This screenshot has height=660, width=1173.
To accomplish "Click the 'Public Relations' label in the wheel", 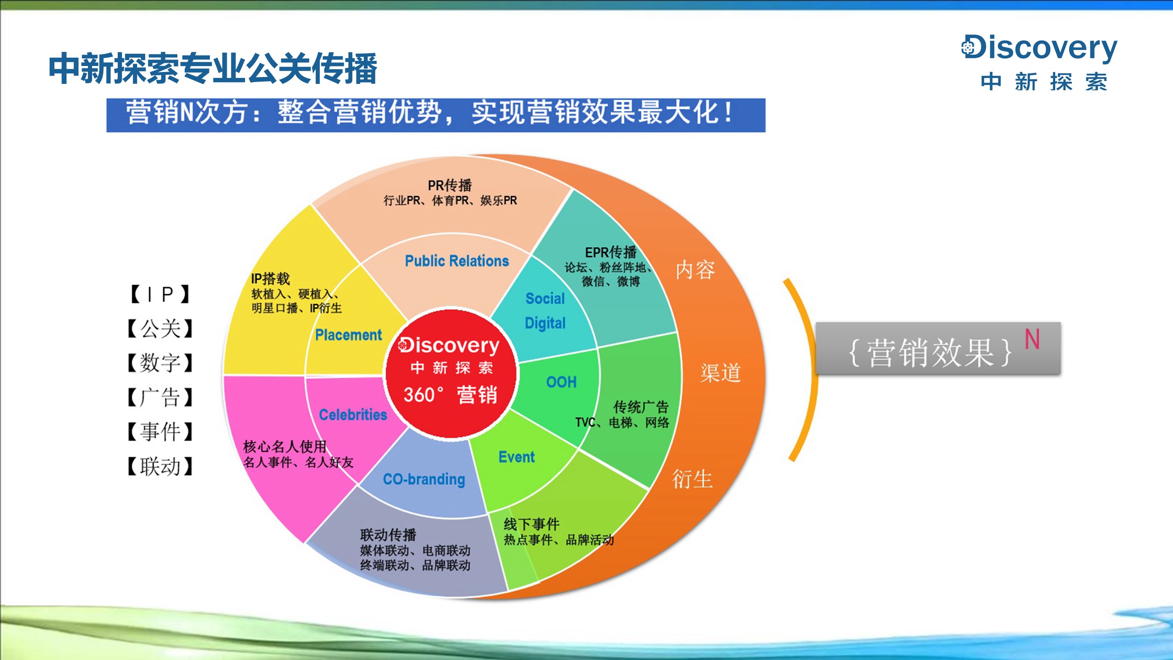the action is [457, 261].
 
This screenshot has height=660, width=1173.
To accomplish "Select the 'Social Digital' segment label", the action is [545, 311].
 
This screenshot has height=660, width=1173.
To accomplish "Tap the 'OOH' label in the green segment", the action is [561, 382].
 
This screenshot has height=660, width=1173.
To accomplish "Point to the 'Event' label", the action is [516, 457].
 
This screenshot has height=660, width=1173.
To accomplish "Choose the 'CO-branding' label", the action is [424, 479].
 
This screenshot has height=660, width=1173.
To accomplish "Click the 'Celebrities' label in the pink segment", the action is [353, 414].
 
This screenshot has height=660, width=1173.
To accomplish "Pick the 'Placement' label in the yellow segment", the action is [348, 335].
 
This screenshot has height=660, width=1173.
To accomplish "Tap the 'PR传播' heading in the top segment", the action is [449, 185].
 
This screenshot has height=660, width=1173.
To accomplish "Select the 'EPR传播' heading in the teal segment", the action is [611, 252].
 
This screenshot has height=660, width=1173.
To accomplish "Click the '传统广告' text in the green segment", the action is [641, 407].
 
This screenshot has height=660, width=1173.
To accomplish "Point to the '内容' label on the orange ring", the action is [695, 269].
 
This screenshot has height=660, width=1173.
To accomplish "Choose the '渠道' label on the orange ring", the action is [720, 372].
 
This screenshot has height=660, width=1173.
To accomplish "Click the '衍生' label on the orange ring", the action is [692, 479].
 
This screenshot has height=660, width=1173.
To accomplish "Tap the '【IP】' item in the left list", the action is [160, 294].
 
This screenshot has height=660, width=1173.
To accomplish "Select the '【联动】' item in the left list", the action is [160, 466].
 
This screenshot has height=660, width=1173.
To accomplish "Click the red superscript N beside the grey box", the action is [1032, 339].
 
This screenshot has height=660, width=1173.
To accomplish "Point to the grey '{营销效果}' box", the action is [938, 348].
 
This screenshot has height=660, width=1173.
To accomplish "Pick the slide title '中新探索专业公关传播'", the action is [213, 68].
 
